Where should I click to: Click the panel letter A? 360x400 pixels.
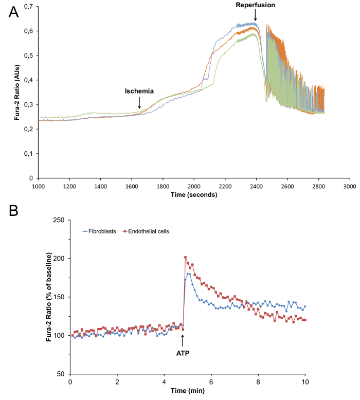click(14, 12)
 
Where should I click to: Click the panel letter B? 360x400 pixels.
click(13, 211)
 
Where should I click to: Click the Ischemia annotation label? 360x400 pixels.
click(139, 91)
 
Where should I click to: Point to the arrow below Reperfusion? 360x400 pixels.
click(255, 16)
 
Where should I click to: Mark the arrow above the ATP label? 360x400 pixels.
click(183, 340)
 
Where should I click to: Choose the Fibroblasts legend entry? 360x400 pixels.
click(100, 231)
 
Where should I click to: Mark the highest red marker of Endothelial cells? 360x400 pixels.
click(186, 258)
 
